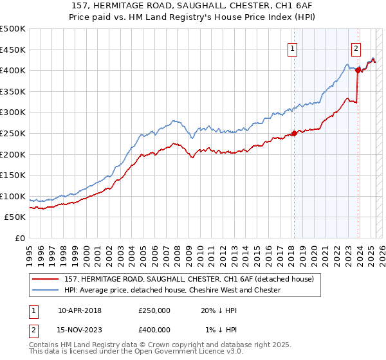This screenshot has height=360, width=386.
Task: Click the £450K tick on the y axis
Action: [x=14, y=50]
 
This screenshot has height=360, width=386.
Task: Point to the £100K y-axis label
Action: [x=14, y=196]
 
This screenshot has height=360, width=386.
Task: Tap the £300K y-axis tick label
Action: [x=14, y=112]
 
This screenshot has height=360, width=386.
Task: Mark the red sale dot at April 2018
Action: [x=294, y=134]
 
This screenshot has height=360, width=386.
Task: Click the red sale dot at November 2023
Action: [x=358, y=70]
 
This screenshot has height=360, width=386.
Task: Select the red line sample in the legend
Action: [x=46, y=279]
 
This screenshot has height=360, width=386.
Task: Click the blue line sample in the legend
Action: [x=46, y=290]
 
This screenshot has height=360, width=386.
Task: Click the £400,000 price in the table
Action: [x=154, y=329]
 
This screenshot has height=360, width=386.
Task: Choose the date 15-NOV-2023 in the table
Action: [x=79, y=329]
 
